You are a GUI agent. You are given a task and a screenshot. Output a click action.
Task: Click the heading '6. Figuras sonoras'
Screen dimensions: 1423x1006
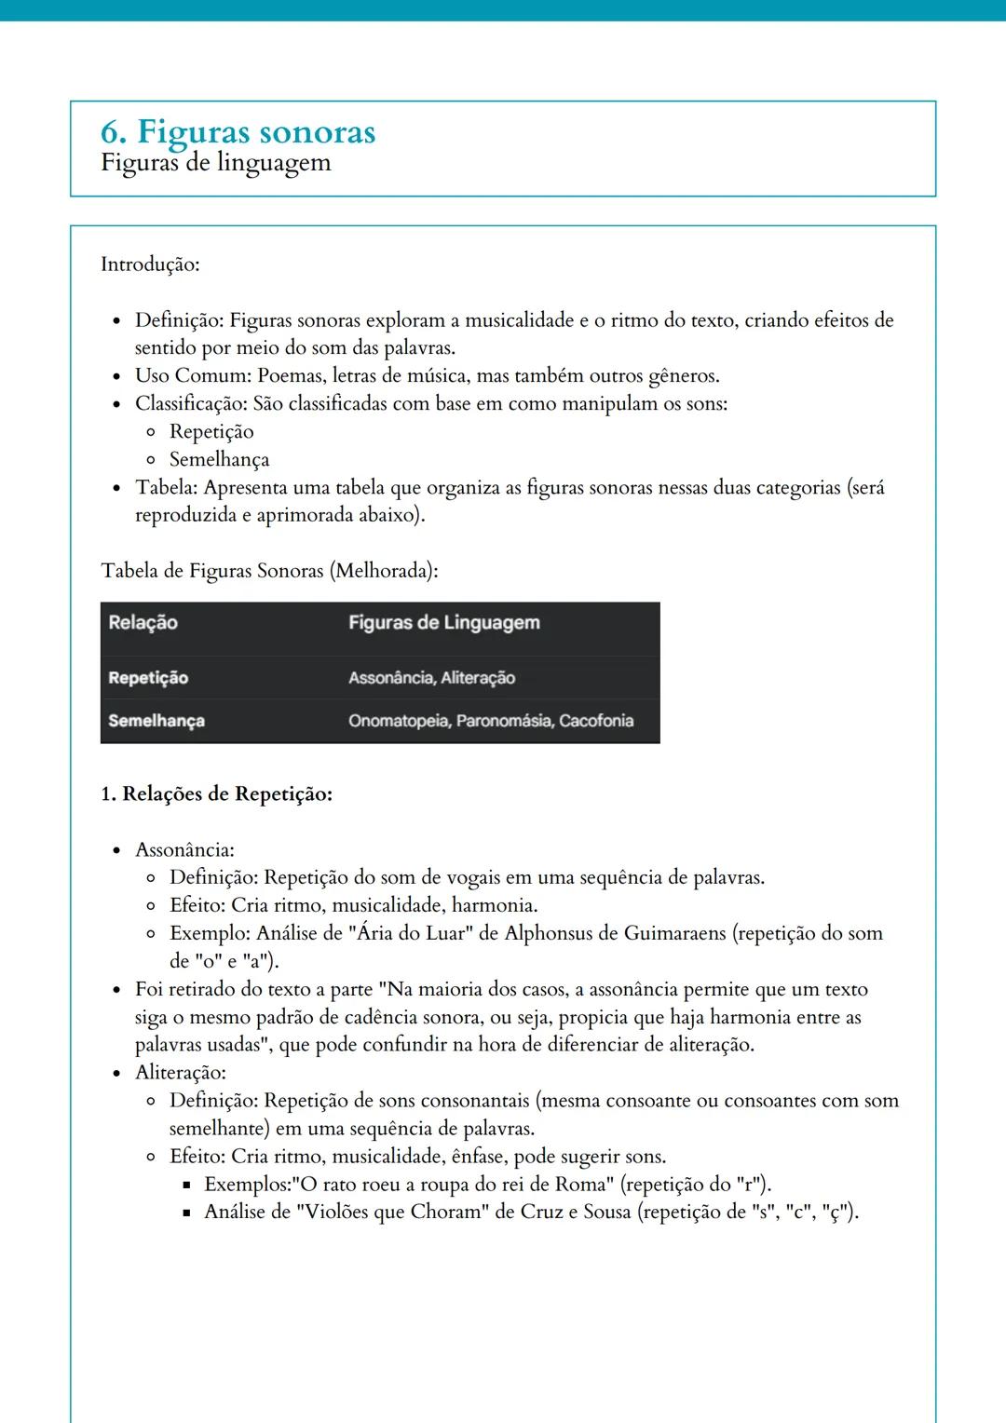[x=238, y=132]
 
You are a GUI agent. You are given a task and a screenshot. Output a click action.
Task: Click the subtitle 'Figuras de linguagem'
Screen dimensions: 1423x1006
[x=216, y=163]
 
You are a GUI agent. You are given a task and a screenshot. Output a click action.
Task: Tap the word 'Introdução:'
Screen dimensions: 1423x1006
[x=150, y=264]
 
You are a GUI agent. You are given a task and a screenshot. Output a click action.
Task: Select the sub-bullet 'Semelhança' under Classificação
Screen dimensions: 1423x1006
[x=219, y=459]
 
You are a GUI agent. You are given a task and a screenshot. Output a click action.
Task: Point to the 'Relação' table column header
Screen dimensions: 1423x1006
[x=143, y=622]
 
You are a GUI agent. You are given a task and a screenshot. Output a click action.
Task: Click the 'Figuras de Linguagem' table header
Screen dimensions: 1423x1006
[x=443, y=622]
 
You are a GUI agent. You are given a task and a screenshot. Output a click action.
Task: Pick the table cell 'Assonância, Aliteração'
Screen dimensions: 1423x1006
[x=431, y=678]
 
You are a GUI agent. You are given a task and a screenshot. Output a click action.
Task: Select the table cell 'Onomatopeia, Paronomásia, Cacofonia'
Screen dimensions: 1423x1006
[x=490, y=721]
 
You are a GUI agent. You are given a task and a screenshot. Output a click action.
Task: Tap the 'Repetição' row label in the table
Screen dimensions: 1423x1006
[x=148, y=678]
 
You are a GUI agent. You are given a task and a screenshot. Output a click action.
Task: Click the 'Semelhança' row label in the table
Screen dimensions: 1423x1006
[x=156, y=721]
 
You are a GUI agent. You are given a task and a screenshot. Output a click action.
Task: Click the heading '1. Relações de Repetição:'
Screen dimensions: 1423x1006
[x=216, y=794]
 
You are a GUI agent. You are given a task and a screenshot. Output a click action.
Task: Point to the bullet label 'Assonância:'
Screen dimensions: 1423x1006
[x=184, y=849]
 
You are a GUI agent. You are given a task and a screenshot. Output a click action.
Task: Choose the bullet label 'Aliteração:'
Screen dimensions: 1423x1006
[x=181, y=1072]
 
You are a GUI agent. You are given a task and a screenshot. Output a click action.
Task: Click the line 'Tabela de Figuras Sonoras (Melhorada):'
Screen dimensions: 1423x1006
[x=269, y=571]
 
